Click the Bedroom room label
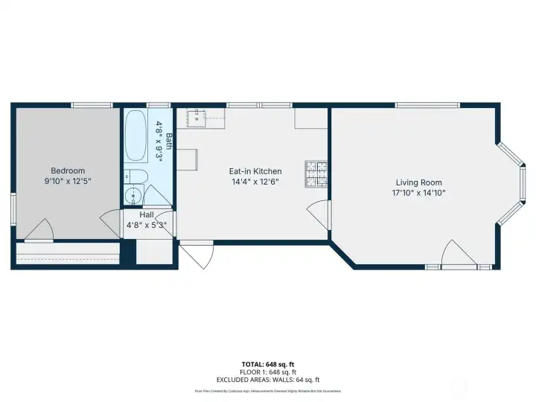(x=68, y=170)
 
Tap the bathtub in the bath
(x=135, y=135)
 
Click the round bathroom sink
(x=133, y=196)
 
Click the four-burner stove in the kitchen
(x=315, y=174)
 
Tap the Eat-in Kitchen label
(x=255, y=171)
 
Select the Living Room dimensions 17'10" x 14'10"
(x=418, y=193)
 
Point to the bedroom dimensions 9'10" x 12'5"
(x=68, y=181)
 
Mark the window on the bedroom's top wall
(x=92, y=105)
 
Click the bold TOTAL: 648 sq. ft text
(x=267, y=365)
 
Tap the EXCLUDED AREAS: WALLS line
(x=267, y=380)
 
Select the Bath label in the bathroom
(x=169, y=141)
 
